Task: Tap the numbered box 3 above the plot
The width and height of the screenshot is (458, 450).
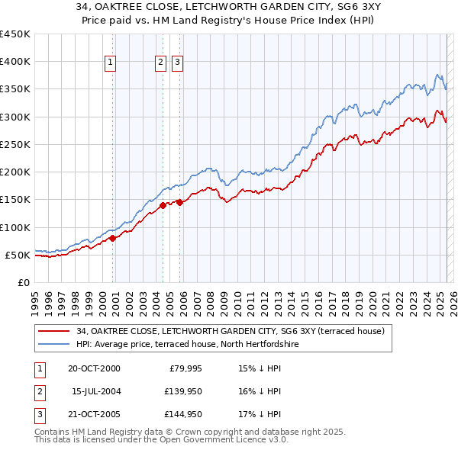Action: pos(177,63)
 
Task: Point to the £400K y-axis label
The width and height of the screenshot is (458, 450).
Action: pos(15,62)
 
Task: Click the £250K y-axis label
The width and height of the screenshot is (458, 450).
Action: pos(15,144)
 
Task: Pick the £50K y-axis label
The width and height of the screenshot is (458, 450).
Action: pos(18,255)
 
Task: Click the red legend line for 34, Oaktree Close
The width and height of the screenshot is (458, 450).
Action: pos(54,331)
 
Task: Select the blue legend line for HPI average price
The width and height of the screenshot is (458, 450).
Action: pos(54,345)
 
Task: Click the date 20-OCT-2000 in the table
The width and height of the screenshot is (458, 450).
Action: pos(94,369)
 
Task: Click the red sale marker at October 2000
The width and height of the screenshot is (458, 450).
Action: pos(113,238)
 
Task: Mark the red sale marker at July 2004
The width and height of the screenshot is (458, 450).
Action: pos(163,205)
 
